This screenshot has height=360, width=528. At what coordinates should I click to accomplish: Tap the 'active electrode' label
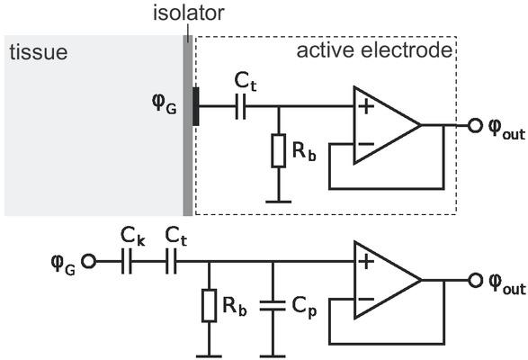(373, 50)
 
